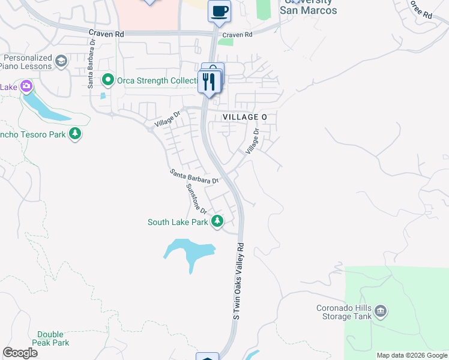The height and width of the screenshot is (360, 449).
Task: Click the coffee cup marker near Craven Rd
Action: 220,10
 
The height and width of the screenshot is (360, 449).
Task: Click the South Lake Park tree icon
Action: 217,222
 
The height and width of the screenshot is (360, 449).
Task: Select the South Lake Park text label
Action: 178,222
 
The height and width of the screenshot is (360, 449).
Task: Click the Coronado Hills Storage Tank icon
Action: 381,311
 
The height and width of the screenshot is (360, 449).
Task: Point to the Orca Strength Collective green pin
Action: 108,79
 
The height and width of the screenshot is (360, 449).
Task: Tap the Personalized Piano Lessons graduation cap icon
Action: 61,61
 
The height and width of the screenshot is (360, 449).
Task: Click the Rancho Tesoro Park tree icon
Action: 74,134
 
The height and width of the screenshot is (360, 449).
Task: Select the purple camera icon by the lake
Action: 26,87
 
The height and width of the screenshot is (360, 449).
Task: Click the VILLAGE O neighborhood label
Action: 244,117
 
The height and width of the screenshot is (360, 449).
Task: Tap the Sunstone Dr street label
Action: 196,199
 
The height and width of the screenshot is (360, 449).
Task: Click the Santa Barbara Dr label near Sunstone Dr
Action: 194,176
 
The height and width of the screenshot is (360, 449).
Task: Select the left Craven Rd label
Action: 106,35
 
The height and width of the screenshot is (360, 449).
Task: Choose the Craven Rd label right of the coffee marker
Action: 240,35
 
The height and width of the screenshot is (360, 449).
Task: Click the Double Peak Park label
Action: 53,338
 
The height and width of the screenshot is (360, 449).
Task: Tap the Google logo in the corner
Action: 20,353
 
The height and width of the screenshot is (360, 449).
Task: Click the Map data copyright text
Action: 411,355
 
